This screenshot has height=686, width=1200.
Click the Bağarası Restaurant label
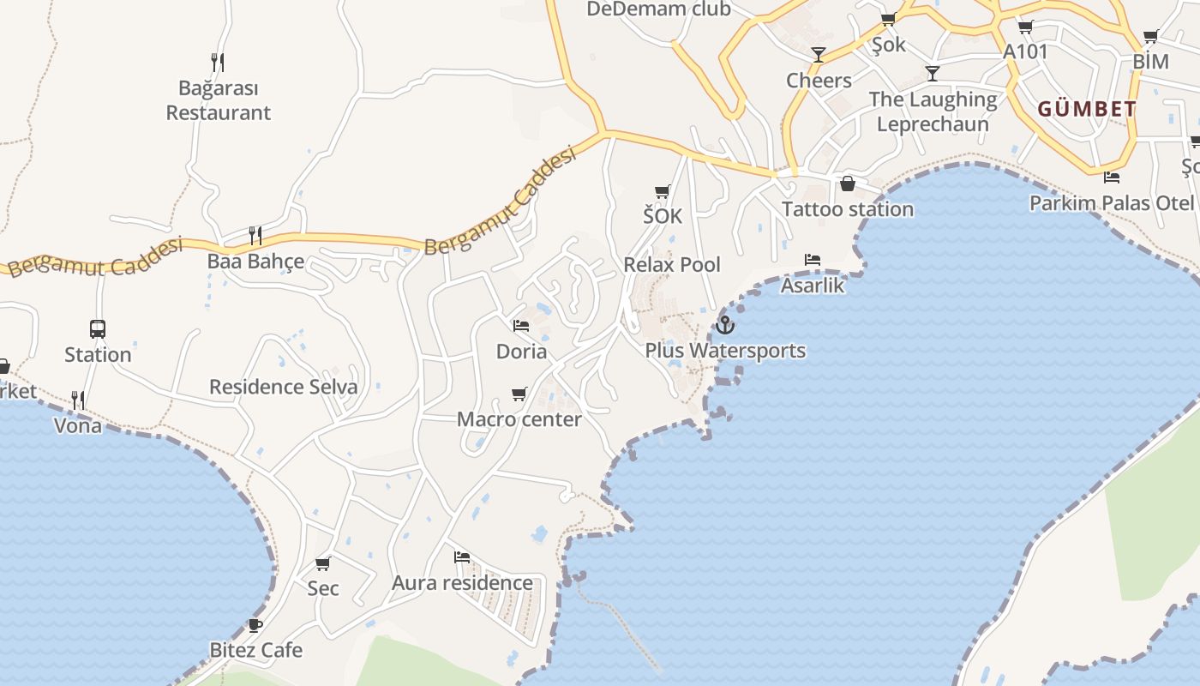pos(218,100)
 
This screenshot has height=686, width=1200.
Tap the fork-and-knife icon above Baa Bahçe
pos(255,235)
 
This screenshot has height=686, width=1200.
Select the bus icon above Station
pos(98,329)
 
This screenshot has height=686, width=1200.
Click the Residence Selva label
pos(283,387)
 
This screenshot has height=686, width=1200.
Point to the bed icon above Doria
pos(520,326)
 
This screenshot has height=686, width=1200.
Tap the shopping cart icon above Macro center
pos(519,394)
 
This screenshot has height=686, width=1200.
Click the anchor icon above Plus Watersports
pos(725,325)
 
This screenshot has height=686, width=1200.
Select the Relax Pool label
pos(672,264)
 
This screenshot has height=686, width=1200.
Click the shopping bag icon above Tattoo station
pos(847,184)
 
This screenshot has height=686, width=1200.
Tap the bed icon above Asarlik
pos(812,260)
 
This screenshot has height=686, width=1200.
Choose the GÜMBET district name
pos(1087,110)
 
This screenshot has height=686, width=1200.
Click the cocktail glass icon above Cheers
pos(819,55)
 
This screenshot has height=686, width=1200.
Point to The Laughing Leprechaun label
pos(933,111)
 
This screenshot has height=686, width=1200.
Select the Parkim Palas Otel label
pos(1111,203)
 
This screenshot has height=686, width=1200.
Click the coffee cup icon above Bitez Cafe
pos(255,625)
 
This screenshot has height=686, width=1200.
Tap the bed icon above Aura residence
pos(462,557)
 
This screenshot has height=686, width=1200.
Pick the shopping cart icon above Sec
pos(323,563)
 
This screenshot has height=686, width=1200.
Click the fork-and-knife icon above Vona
pos(77,400)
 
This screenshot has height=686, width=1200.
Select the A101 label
pos(1025,51)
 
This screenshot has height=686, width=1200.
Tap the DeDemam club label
pos(658,9)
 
